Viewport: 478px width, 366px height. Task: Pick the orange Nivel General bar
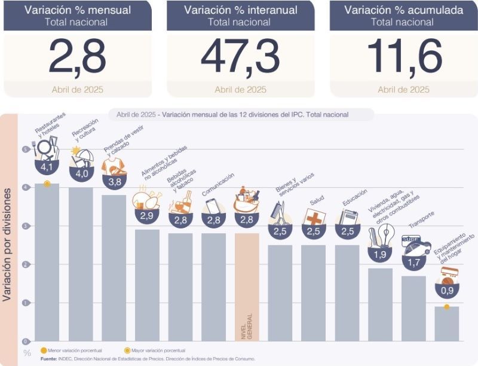pyautogui.click(x=247, y=287)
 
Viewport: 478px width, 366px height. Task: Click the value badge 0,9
pyautogui.click(x=446, y=291)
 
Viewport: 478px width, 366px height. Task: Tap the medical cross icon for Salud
pyautogui.click(x=313, y=216)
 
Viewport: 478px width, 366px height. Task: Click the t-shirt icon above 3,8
pyautogui.click(x=113, y=166)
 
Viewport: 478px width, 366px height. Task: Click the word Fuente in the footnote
pyautogui.click(x=50, y=358)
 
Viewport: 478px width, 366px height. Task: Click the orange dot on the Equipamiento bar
pyautogui.click(x=446, y=307)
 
